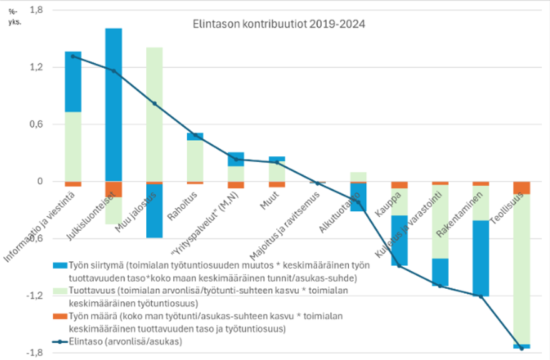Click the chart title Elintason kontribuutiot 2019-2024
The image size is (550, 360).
[278, 24]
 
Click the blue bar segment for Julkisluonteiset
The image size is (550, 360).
[114, 104]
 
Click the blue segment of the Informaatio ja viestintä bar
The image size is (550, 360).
[73, 81]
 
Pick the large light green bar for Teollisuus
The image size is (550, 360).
[522, 269]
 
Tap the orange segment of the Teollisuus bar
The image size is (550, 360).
[522, 187]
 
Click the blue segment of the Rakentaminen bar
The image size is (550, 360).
[481, 257]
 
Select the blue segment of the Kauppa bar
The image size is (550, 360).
[399, 240]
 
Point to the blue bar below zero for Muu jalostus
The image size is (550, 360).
[154, 211]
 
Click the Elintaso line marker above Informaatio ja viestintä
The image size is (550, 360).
[73, 56]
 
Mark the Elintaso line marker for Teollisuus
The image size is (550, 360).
[522, 348]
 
